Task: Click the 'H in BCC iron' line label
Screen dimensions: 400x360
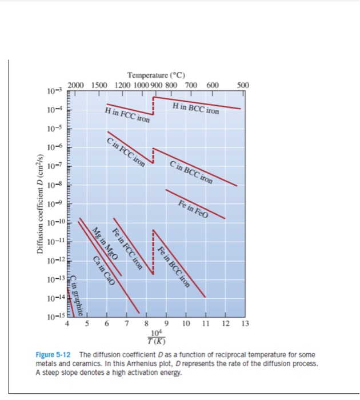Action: tap(195, 107)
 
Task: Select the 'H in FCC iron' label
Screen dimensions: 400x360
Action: tap(127, 115)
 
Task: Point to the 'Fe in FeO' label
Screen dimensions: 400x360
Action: tap(193, 210)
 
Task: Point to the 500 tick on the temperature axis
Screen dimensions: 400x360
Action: tap(242, 86)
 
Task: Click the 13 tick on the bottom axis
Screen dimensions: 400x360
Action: tap(245, 325)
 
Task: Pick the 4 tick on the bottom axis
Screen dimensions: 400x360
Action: tap(67, 325)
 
